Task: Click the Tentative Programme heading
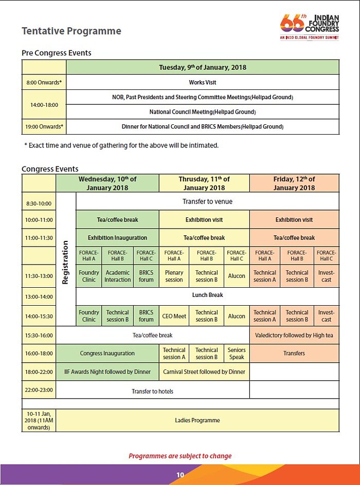71,31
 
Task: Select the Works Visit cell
203,82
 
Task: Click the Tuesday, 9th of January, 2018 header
203,67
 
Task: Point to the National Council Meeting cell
203,111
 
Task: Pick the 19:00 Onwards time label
44,126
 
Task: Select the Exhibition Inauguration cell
117,238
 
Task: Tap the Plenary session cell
174,276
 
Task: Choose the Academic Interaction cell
117,276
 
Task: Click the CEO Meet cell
174,316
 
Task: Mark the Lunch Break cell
207,295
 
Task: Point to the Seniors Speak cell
237,353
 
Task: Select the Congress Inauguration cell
107,353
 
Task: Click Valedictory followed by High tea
294,335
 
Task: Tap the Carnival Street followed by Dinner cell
204,371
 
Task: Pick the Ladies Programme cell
197,420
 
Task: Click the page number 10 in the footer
180,475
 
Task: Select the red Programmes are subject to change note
180,456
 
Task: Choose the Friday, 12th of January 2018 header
294,183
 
